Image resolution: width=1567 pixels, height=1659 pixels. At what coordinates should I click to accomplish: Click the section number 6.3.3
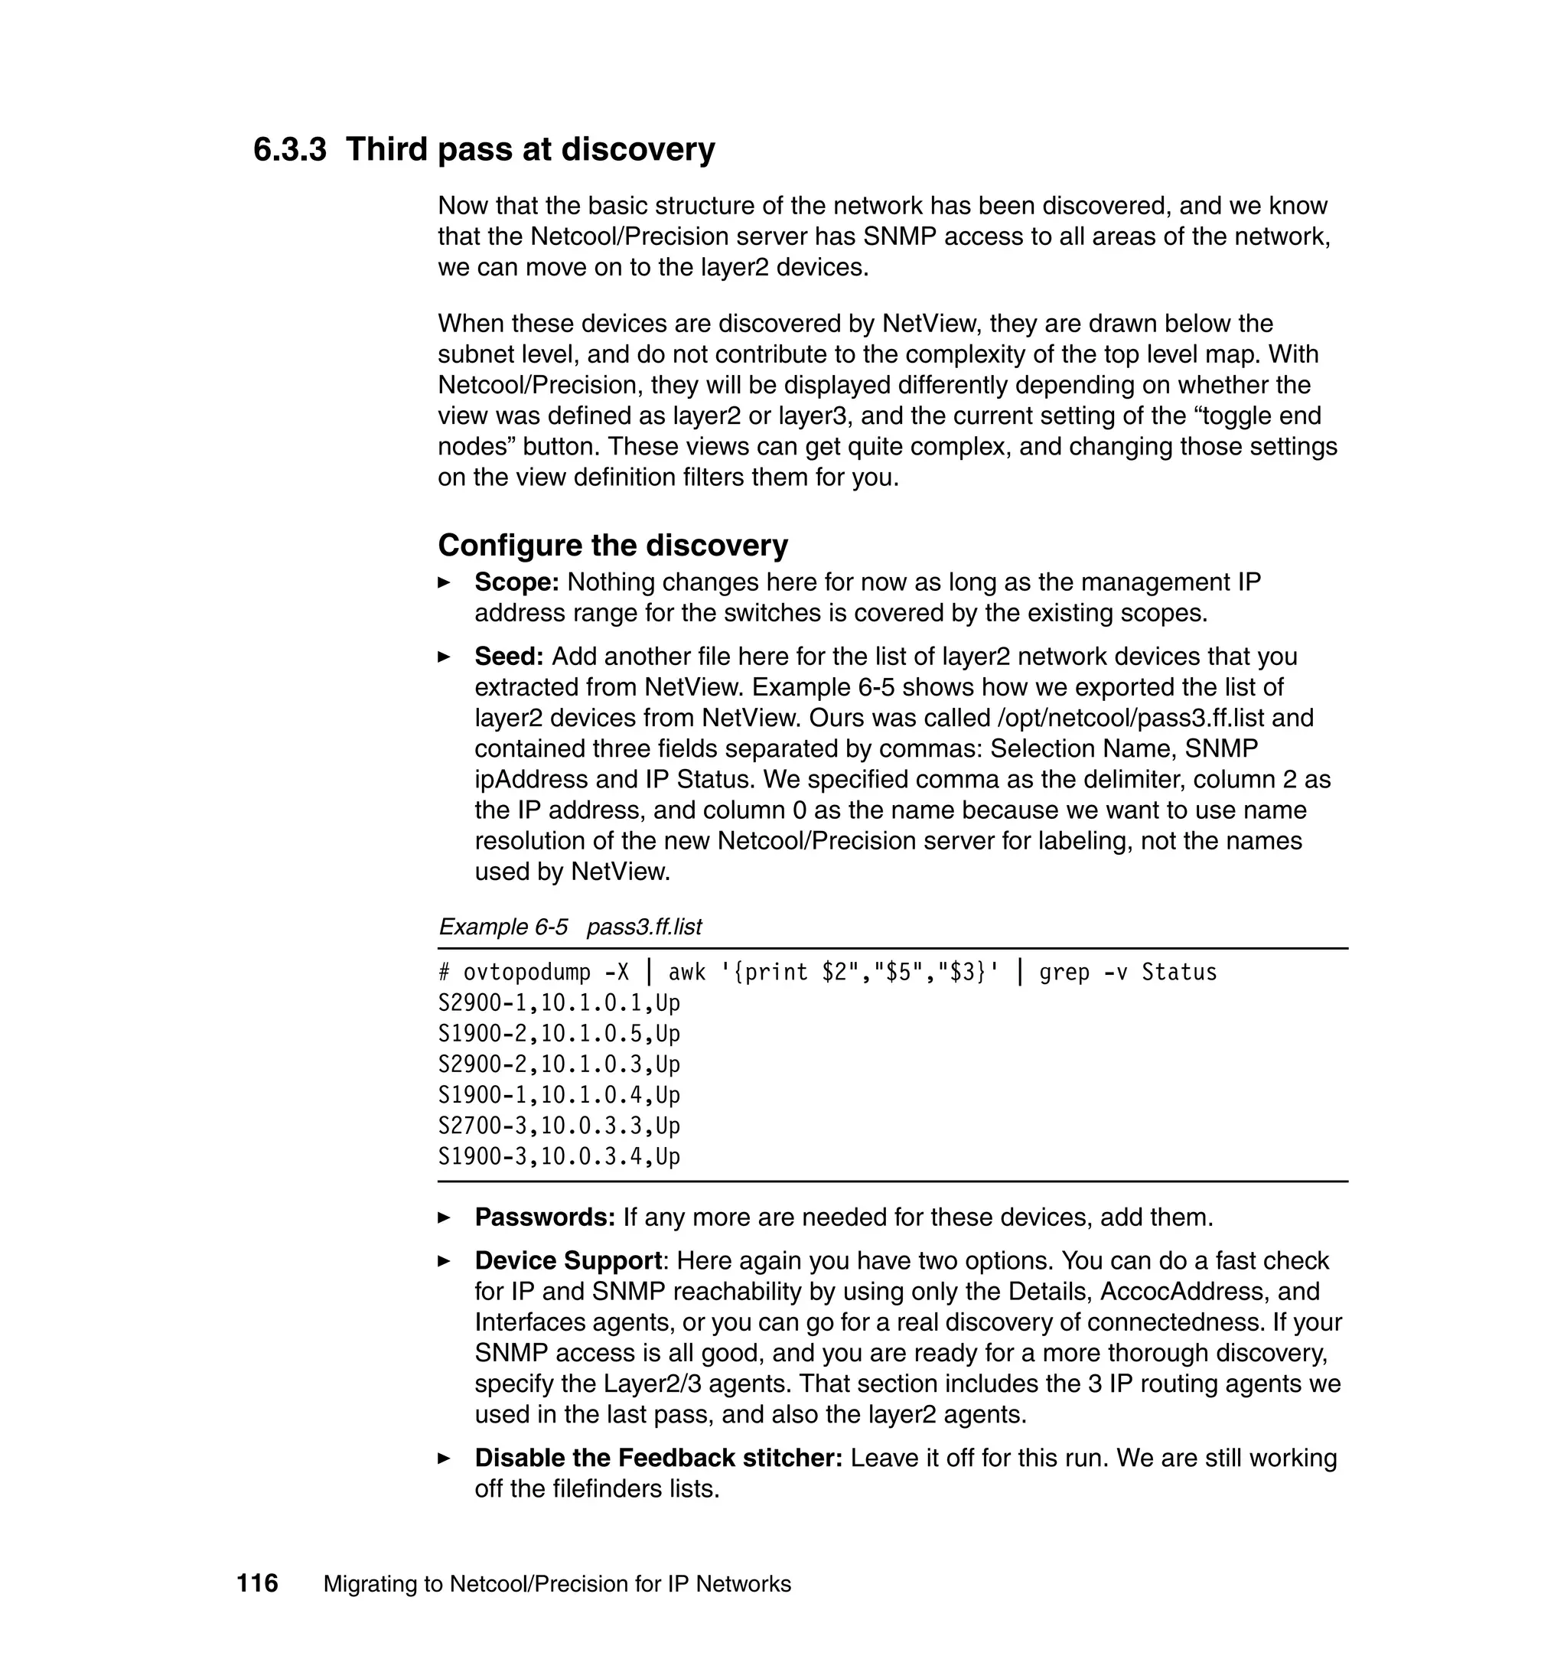[289, 149]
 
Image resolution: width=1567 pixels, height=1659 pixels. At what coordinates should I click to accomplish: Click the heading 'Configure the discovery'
[612, 546]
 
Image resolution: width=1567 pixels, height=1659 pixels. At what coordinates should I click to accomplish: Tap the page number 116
[257, 1583]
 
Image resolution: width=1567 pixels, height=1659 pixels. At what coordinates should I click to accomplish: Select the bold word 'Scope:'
[516, 582]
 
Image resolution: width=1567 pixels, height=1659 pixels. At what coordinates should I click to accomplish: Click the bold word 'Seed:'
[509, 657]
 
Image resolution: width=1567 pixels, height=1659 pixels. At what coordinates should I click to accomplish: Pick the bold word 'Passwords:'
[545, 1217]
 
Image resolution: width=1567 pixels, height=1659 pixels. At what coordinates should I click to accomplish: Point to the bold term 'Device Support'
[568, 1260]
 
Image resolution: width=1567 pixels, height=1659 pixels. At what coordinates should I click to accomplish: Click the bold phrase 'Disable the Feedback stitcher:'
[658, 1458]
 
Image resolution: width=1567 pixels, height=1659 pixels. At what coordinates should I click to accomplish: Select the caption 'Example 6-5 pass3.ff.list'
[570, 927]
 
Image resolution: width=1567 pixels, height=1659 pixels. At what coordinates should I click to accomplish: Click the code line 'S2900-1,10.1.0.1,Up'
[559, 1003]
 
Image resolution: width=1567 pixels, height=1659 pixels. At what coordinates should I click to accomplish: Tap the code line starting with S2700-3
[559, 1126]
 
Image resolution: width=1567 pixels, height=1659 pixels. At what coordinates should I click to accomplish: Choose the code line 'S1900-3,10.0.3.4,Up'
[559, 1157]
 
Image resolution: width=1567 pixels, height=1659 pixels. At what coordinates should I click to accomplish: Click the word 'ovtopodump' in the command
[526, 973]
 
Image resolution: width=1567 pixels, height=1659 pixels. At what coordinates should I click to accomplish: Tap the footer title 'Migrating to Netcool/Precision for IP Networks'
[557, 1584]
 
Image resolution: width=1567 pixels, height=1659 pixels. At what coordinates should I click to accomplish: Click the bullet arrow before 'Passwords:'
[445, 1218]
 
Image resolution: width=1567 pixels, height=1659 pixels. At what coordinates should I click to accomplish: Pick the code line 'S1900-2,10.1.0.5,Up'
[559, 1034]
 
